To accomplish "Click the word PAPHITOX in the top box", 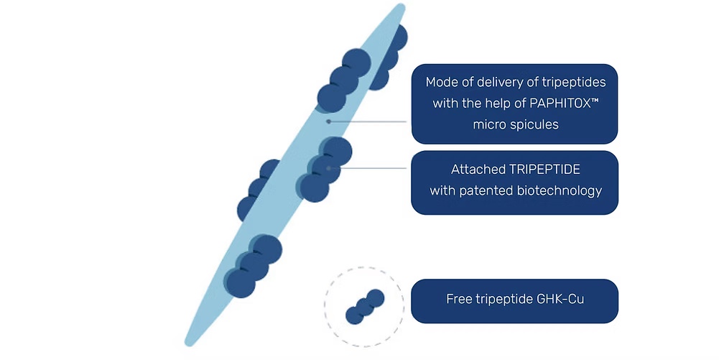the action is tap(560, 103).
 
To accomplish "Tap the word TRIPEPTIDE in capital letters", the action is tap(546, 170).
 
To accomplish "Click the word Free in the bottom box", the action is tap(459, 299).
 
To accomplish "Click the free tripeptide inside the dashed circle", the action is tap(365, 307).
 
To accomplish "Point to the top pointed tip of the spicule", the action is tap(401, 6).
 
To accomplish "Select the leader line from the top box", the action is tap(367, 121).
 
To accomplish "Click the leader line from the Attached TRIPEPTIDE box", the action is tap(367, 168).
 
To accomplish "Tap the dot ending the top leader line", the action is tap(328, 121).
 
